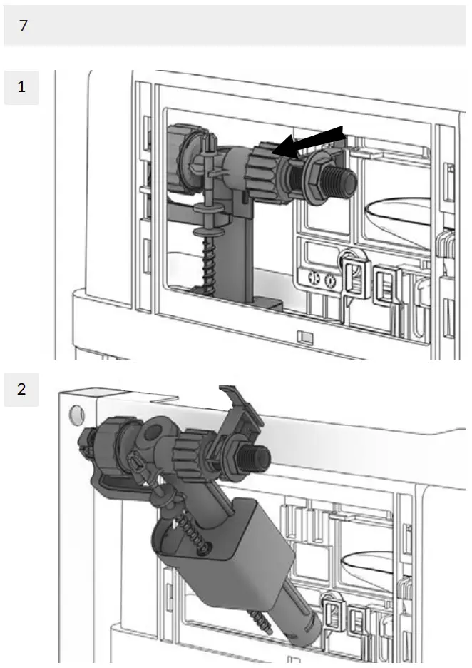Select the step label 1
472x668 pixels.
[21, 87]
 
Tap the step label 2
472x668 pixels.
[21, 390]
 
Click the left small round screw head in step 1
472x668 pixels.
[314, 280]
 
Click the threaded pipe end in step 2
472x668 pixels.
[255, 457]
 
